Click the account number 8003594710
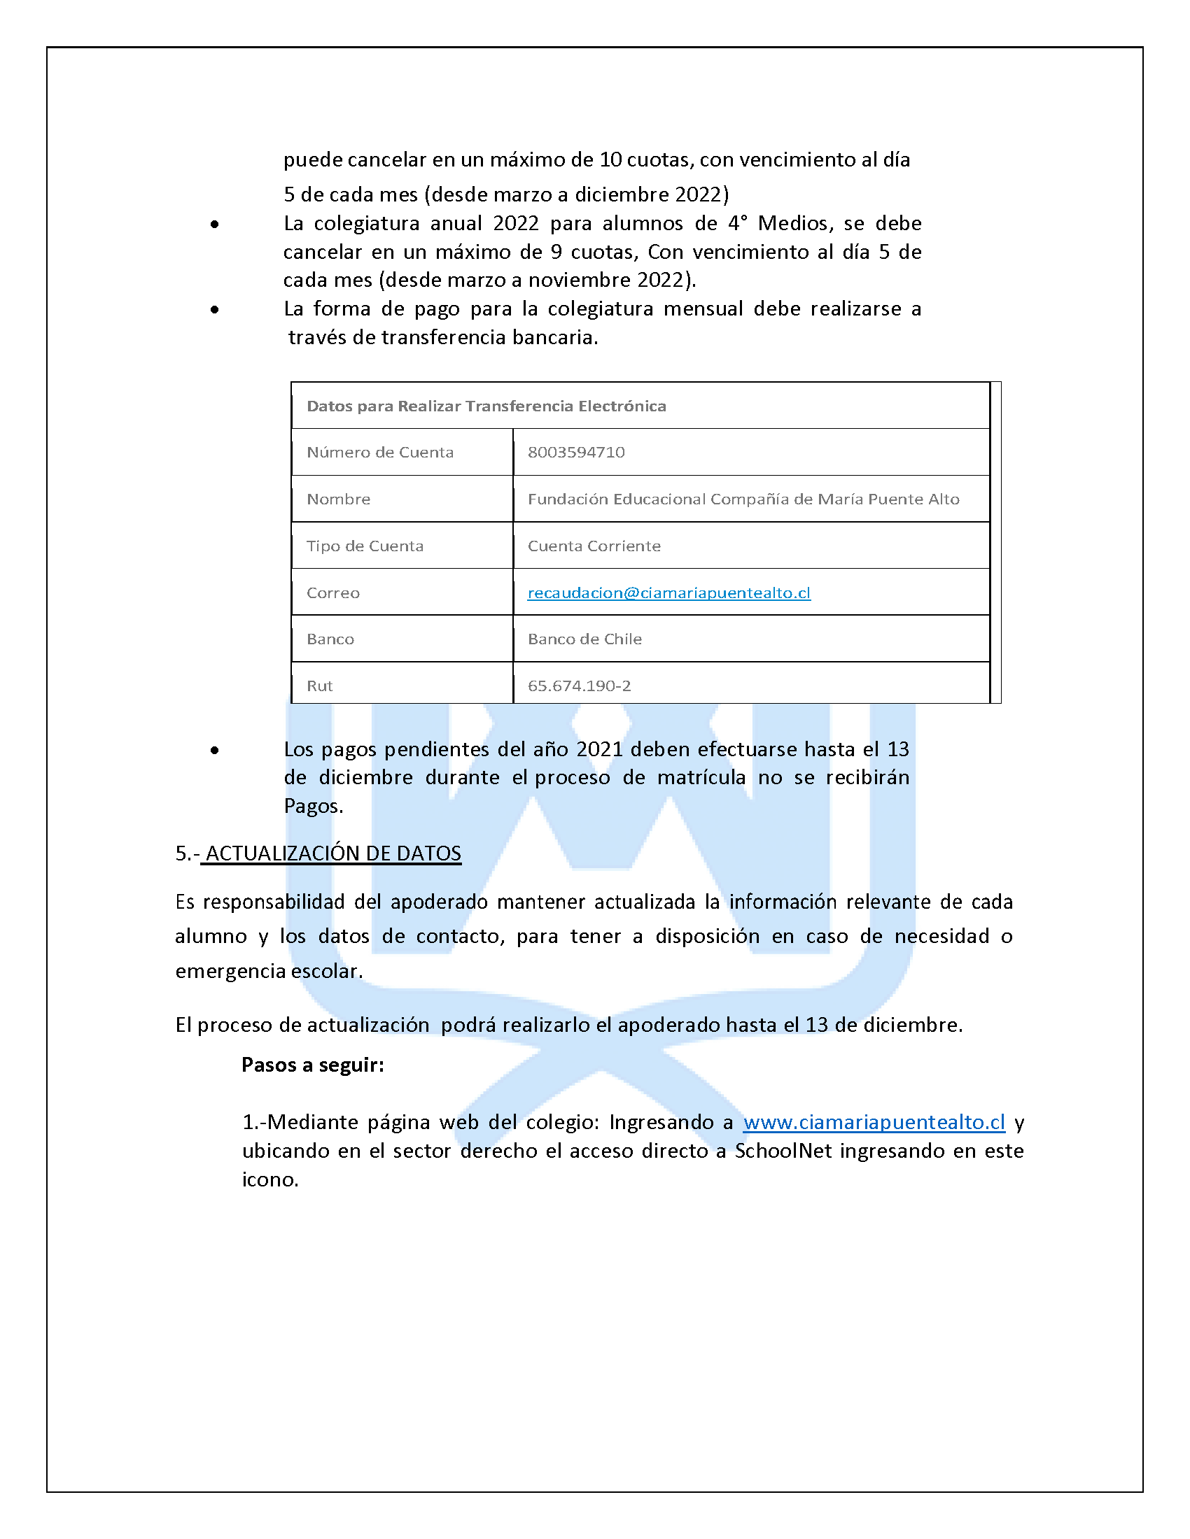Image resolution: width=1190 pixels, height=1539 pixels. click(x=576, y=453)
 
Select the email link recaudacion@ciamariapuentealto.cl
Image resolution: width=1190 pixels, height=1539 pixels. click(x=668, y=593)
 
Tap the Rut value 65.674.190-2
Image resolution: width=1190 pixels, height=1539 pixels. click(x=579, y=686)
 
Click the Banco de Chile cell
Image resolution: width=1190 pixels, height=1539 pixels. click(x=584, y=639)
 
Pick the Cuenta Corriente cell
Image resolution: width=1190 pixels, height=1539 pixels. click(x=594, y=546)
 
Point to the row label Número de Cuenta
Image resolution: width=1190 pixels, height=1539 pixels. click(x=379, y=453)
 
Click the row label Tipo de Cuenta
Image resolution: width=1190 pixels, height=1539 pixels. click(x=365, y=546)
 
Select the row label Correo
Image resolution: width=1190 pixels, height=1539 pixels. click(x=332, y=593)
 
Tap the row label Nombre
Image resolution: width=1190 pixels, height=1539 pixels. click(x=337, y=499)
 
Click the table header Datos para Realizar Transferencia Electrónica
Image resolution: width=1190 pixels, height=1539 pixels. click(x=486, y=406)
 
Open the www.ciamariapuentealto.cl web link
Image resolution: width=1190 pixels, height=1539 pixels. click(x=874, y=1122)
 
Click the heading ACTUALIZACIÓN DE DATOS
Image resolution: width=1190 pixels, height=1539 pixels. click(x=332, y=853)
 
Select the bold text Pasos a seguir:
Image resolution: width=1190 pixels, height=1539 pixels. click(x=312, y=1064)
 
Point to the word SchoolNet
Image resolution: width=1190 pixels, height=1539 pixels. click(x=783, y=1151)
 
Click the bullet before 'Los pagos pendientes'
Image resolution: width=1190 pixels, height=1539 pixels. click(x=214, y=751)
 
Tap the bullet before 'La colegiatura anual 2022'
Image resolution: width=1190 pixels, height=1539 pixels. click(x=214, y=225)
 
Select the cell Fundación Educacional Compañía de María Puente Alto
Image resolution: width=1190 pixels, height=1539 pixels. click(x=743, y=499)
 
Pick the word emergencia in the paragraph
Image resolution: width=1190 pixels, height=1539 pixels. click(x=230, y=971)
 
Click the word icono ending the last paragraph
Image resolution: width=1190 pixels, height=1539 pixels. click(x=269, y=1179)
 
